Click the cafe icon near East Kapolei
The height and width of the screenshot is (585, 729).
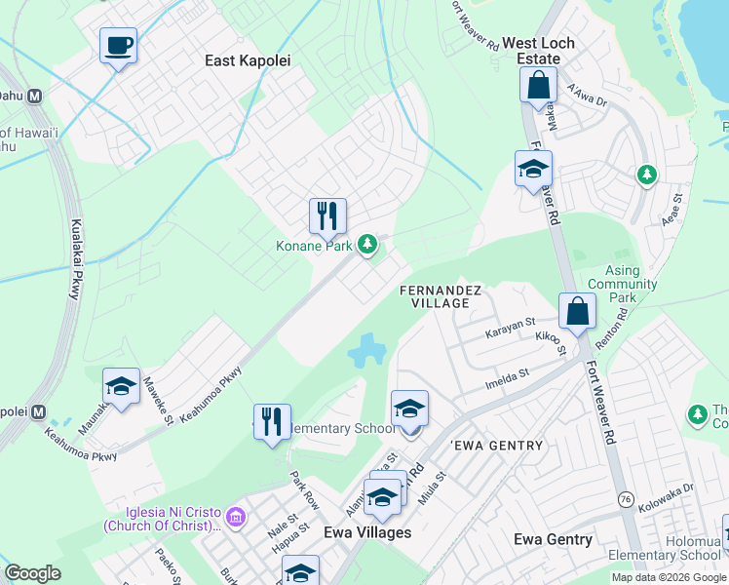118,45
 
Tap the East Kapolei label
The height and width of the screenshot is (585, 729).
248,60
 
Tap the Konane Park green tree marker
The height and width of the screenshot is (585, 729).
366,245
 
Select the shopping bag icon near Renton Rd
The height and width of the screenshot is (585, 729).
577,311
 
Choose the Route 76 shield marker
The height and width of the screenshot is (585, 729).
625,499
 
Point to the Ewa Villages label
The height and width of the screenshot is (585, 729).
366,532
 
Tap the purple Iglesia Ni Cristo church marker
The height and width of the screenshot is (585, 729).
235,515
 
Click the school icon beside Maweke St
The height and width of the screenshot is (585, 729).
121,386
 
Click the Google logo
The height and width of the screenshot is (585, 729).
32,573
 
